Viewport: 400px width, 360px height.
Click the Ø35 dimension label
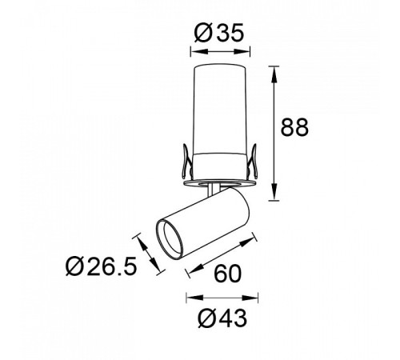click(219, 33)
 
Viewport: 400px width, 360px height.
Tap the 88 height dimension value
click(294, 127)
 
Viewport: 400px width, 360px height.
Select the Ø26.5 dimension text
click(102, 266)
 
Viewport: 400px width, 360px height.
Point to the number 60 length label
click(228, 274)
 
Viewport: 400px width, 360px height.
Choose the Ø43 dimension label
click(222, 318)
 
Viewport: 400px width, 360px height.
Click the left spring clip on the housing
click(186, 162)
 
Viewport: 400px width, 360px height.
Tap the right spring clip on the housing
click(252, 162)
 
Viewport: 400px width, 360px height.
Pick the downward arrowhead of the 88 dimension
click(274, 192)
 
